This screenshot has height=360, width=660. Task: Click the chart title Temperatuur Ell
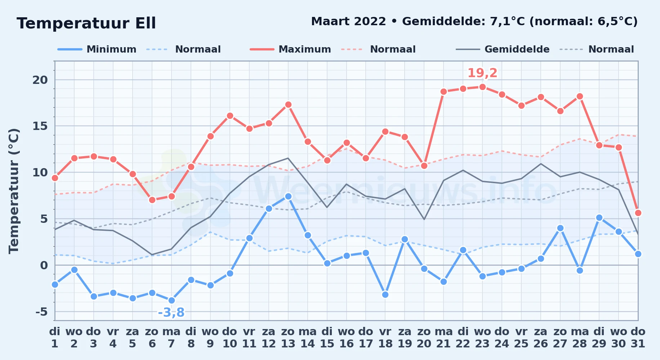tap(86, 23)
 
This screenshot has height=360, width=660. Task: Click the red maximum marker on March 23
tap(483, 87)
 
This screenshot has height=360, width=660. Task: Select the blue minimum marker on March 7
tap(171, 300)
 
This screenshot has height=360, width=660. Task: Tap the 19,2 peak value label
tap(482, 73)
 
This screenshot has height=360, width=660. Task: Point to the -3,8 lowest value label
tap(171, 312)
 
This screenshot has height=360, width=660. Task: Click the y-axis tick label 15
tap(40, 126)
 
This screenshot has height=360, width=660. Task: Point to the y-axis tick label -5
tap(41, 311)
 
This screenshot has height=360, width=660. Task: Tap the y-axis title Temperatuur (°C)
tap(14, 191)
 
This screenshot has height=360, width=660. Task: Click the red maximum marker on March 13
tap(288, 105)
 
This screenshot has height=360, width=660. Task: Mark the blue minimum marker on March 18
tap(385, 294)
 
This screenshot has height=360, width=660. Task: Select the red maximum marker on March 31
tap(638, 213)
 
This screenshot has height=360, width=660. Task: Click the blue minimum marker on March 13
tap(288, 196)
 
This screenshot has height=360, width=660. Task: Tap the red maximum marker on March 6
tap(152, 200)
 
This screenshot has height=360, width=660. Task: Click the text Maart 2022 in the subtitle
tap(348, 22)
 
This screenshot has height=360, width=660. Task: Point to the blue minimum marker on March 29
tap(599, 217)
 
